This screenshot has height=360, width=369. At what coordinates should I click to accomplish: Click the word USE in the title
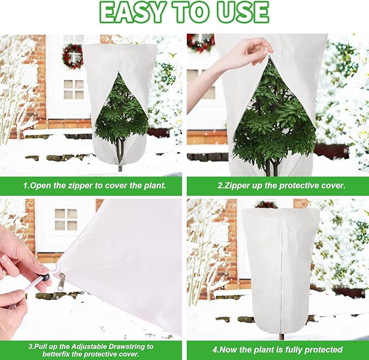point(241,12)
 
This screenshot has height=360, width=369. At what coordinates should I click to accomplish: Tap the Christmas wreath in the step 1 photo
point(72,56)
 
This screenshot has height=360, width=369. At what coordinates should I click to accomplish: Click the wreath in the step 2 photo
point(201,42)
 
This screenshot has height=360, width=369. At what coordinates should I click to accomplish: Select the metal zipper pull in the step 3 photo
point(61,280)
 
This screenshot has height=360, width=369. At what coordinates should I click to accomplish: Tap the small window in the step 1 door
point(73,89)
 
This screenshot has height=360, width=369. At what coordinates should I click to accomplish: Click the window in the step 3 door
point(66,219)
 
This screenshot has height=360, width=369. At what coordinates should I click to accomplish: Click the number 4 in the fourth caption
point(215,349)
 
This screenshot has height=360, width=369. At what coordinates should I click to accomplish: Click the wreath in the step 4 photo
point(266,204)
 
